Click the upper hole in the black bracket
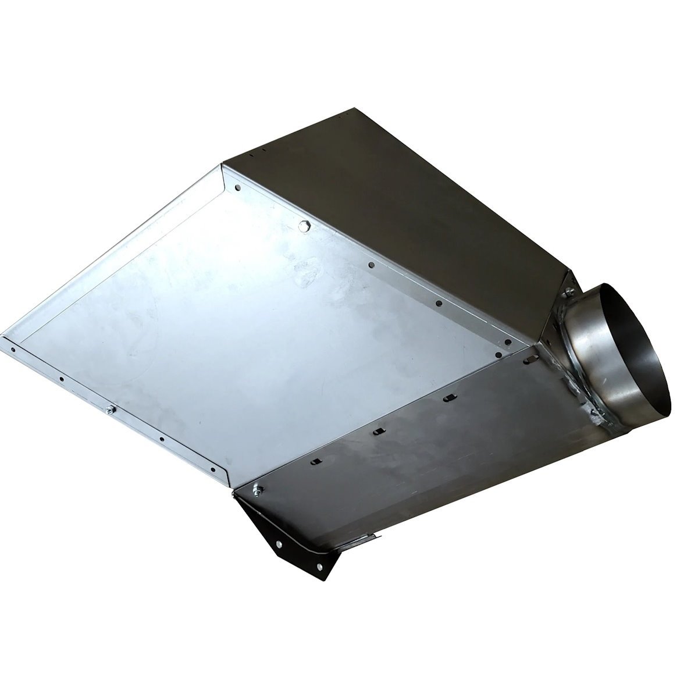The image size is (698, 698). [280, 544]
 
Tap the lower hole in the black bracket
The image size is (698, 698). [319, 565]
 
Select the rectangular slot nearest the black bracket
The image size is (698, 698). [314, 461]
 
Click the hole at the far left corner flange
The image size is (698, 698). [13, 350]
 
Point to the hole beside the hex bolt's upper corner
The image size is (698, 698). [238, 188]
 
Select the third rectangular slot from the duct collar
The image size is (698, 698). [379, 431]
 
